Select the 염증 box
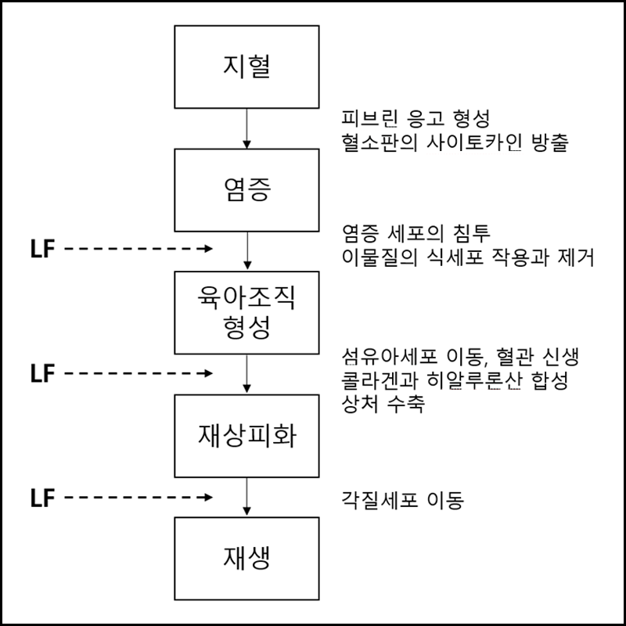tap(246, 189)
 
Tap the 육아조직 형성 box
tap(246, 311)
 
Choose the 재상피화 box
tap(246, 434)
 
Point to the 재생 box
tap(246, 558)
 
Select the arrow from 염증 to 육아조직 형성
tap(246, 250)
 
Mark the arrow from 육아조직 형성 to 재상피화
tap(246, 373)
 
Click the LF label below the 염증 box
tap(41, 250)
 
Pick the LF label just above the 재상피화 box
tap(41, 373)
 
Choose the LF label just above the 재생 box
tap(41, 496)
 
